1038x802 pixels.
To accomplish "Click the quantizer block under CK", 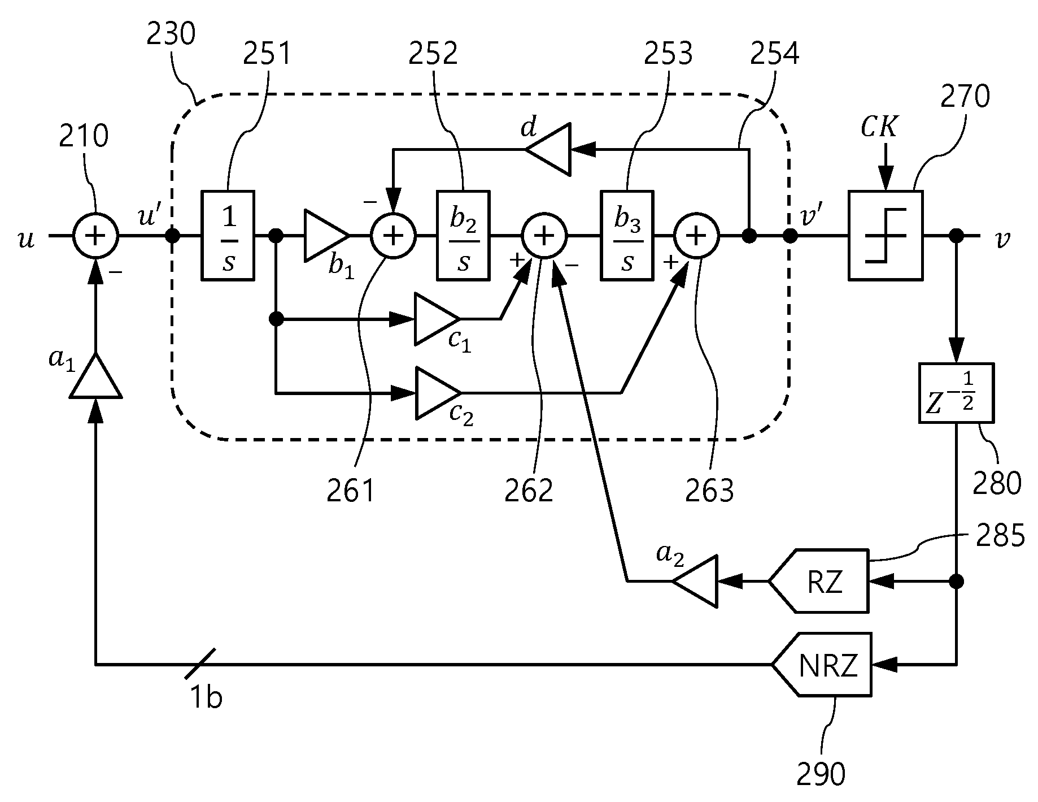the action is click(x=886, y=235).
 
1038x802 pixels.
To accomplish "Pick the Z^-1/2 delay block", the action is click(x=956, y=393).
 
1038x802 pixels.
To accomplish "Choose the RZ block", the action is click(x=819, y=580).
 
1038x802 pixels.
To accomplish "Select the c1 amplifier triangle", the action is click(x=437, y=319).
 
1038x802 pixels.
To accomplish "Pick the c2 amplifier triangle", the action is click(x=438, y=393).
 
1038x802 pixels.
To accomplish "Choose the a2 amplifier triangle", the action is click(x=695, y=581).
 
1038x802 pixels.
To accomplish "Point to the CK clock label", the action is click(x=878, y=128).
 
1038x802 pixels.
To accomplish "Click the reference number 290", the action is click(x=821, y=774).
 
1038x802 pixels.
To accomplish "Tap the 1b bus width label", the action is click(x=206, y=698).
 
